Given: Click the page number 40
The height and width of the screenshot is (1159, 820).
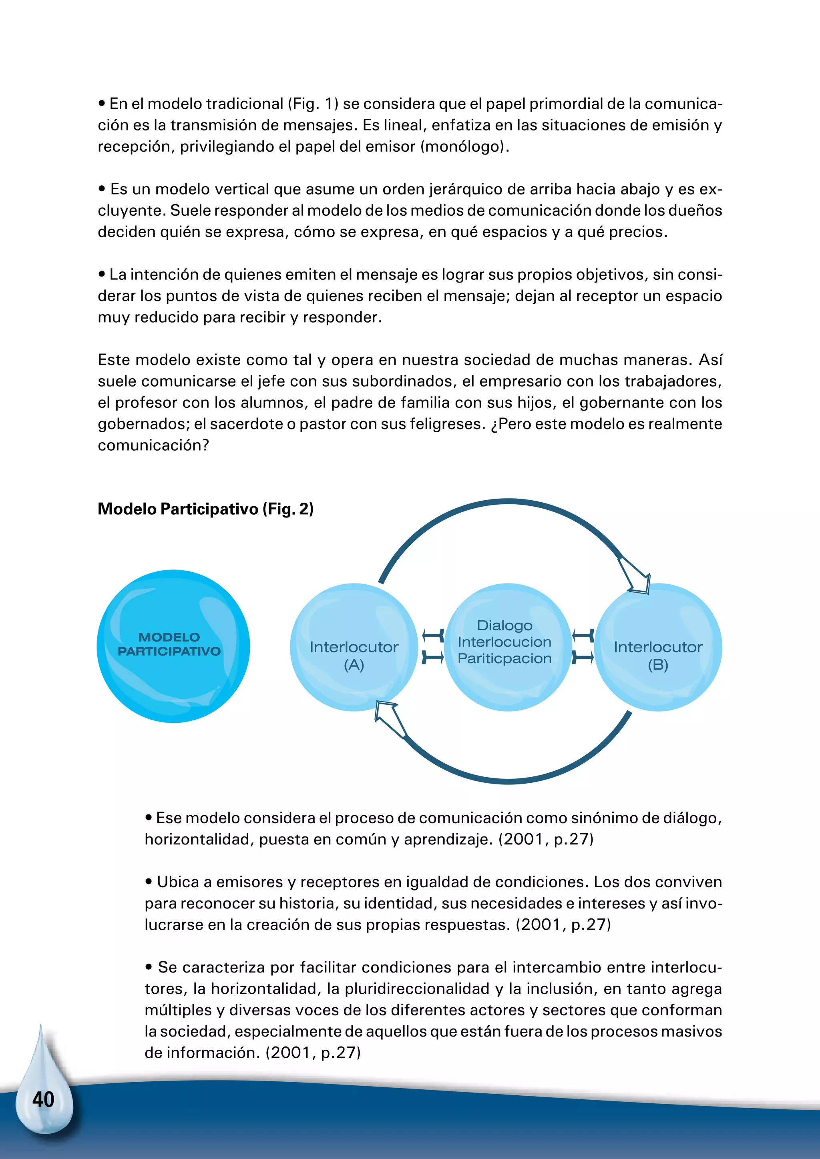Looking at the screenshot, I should click(43, 1099).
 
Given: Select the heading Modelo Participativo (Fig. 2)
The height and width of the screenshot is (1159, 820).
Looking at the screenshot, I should click(205, 509).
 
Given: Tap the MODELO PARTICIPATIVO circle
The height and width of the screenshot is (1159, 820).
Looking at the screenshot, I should click(173, 646).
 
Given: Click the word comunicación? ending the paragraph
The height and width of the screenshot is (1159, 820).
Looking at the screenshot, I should click(153, 445).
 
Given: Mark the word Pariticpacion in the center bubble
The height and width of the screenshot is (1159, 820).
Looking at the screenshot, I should click(505, 659).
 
